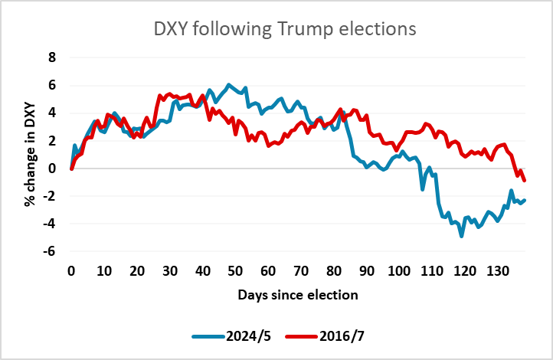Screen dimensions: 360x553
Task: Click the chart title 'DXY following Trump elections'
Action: [x=283, y=29]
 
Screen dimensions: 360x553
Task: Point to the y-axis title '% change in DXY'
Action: [x=28, y=154]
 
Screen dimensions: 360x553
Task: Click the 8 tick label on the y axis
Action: [x=52, y=57]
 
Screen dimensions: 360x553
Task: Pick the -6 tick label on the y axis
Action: [x=50, y=251]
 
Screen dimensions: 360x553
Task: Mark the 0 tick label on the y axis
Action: [x=52, y=168]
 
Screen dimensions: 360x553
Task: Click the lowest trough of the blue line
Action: [x=462, y=236]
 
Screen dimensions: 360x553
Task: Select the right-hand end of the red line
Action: [x=525, y=180]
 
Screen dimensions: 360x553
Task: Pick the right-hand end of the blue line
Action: [x=525, y=200]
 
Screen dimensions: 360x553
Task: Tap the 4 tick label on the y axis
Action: [x=52, y=113]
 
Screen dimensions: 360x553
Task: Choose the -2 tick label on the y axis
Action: [x=50, y=196]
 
